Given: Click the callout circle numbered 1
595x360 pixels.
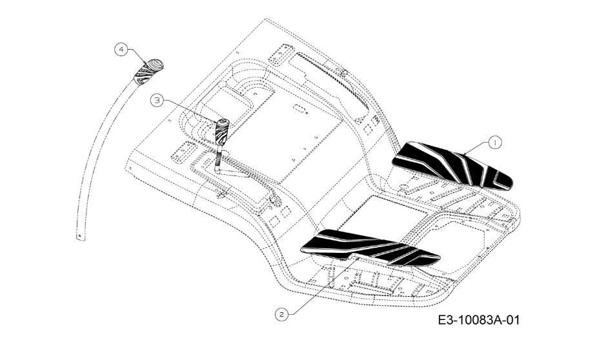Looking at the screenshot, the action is coord(495,143).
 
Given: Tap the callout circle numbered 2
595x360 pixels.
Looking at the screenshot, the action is coord(281,314).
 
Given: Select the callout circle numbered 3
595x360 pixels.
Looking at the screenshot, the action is coord(157,101).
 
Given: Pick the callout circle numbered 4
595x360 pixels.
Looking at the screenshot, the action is coord(121,50).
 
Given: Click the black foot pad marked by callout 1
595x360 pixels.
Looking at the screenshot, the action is coord(452,166).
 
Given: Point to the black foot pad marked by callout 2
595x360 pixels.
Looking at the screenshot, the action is coord(370,247).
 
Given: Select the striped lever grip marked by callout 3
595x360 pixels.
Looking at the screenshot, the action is coord(222,132).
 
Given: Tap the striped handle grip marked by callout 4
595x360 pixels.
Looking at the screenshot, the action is coord(148,72).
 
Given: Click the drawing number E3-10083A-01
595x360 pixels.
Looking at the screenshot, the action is coord(478,320).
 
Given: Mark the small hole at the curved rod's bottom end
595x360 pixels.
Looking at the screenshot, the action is coord(79,235).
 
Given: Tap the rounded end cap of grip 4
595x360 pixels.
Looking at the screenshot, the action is coord(155,65).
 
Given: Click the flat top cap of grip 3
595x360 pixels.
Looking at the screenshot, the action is coord(223,121).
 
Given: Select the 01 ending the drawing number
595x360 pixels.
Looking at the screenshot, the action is coord(512,320).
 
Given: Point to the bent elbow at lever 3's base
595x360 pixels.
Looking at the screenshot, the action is coord(218,171).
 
